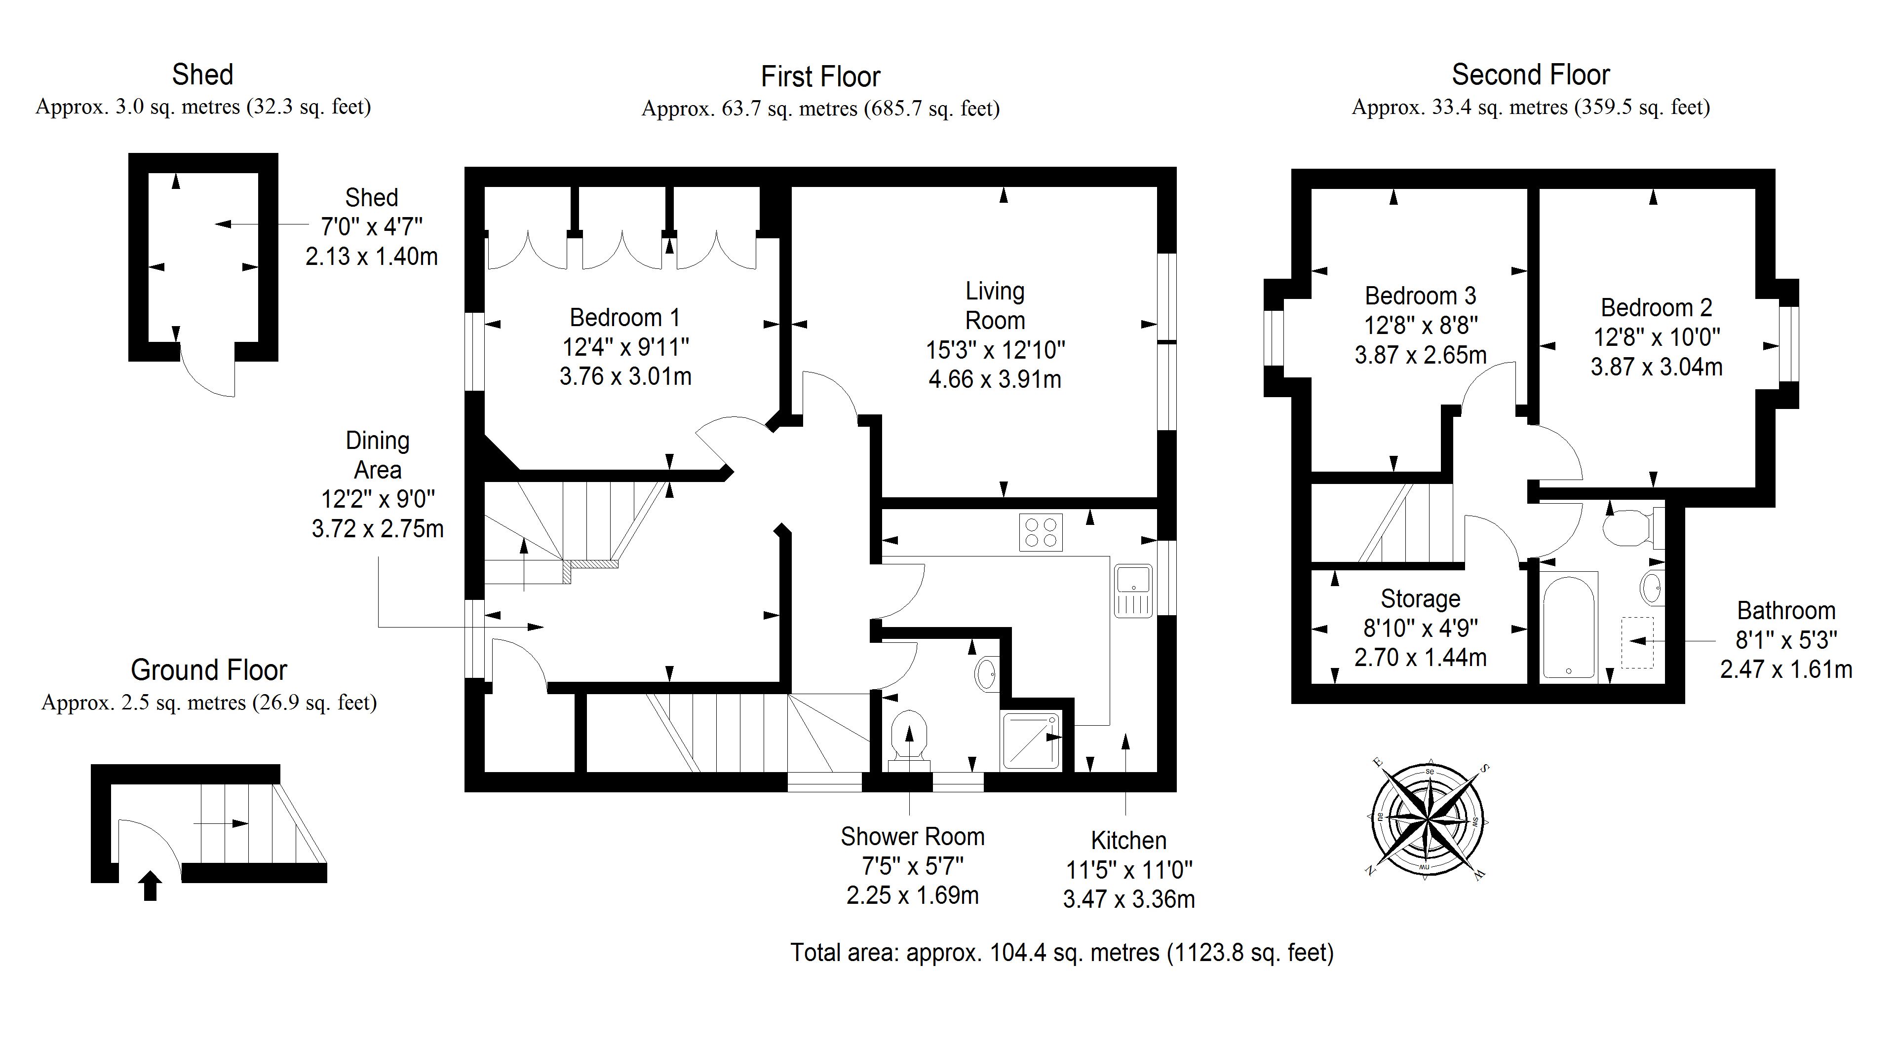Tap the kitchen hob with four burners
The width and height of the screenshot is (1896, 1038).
click(x=1041, y=532)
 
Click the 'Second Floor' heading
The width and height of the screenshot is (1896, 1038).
click(x=1530, y=74)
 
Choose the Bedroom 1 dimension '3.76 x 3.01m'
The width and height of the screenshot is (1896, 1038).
click(x=625, y=376)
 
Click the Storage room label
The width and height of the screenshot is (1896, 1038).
click(x=1420, y=599)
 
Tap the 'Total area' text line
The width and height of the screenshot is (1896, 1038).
click(x=1061, y=953)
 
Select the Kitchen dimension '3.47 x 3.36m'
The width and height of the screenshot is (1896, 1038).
click(x=1128, y=899)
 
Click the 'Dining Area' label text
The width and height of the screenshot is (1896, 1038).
click(x=378, y=455)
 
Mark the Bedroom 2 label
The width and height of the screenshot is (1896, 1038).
click(x=1656, y=307)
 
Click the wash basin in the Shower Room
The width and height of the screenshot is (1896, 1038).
click(x=986, y=673)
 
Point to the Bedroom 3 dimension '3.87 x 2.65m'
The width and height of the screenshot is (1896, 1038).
click(x=1420, y=355)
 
